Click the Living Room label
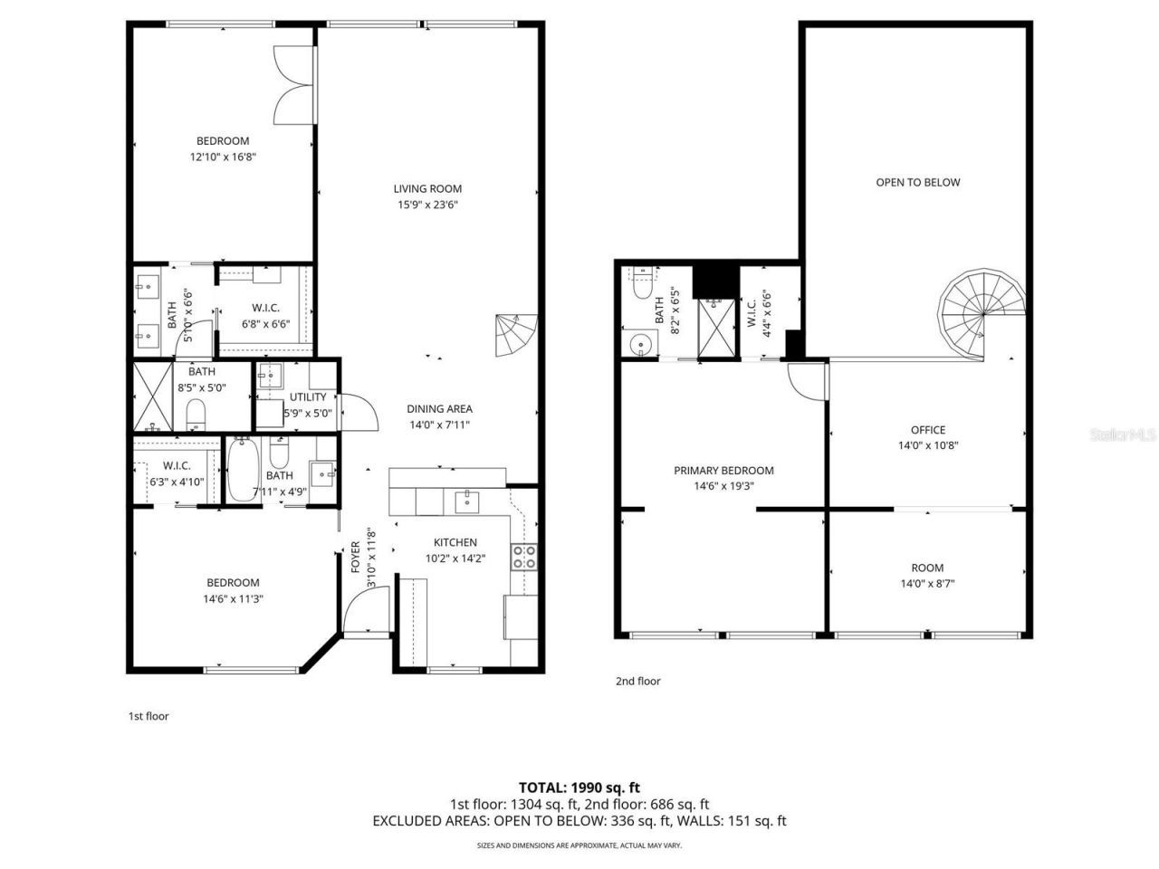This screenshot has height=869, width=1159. coord(427,189)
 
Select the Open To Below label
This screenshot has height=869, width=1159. coord(917,182)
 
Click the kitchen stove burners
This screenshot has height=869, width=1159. coord(524,556)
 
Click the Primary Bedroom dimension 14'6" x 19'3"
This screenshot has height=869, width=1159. coord(723,486)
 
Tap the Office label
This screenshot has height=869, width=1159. coord(927,430)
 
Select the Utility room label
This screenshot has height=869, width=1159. coord(308,397)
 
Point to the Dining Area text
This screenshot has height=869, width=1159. coord(439,409)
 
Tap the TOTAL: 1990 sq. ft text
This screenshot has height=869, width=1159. coord(579,788)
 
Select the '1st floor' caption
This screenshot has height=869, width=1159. coord(148,716)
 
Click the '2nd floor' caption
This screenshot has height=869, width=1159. coord(637,681)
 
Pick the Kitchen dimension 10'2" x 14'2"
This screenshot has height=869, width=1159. coord(455,559)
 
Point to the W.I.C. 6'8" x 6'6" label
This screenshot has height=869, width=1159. coord(265,316)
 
